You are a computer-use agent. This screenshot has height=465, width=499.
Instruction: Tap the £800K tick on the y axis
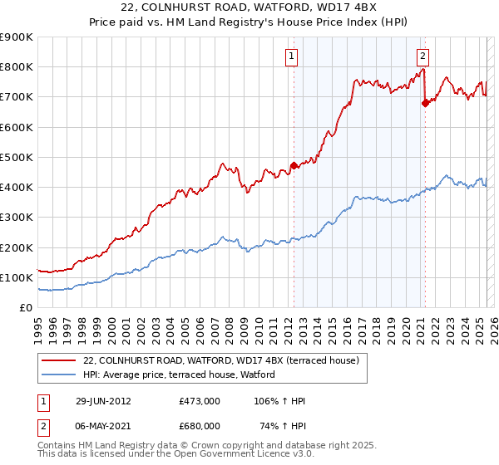pos(17,67)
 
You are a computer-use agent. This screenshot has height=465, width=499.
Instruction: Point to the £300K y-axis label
pos(17,218)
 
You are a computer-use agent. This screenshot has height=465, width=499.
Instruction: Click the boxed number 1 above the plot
pos(293,56)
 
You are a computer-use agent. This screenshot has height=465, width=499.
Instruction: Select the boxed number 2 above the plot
pos(422,56)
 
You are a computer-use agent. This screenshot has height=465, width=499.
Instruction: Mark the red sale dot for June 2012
pos(294,164)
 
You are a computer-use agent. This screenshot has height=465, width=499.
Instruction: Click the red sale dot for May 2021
pos(425,103)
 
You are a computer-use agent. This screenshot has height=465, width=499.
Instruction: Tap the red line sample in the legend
pos(58,360)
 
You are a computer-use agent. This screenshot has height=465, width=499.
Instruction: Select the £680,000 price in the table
pos(200,425)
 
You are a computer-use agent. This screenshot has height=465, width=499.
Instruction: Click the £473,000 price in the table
pos(200,401)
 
